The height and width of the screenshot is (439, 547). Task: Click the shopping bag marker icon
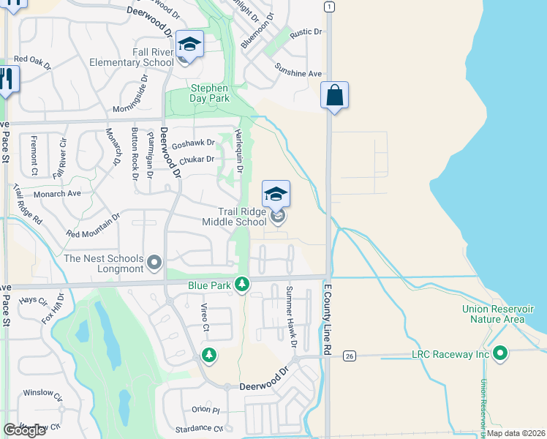point(334,96)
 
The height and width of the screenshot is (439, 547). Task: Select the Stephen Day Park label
point(210,93)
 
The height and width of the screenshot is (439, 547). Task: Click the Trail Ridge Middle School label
point(234,217)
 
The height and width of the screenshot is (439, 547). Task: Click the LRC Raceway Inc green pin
point(500,354)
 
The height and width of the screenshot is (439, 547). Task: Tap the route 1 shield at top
point(331,7)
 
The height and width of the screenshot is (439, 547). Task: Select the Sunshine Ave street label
point(298,73)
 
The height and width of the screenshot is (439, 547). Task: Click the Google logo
point(24,429)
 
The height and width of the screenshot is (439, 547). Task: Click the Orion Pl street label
point(205,410)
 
